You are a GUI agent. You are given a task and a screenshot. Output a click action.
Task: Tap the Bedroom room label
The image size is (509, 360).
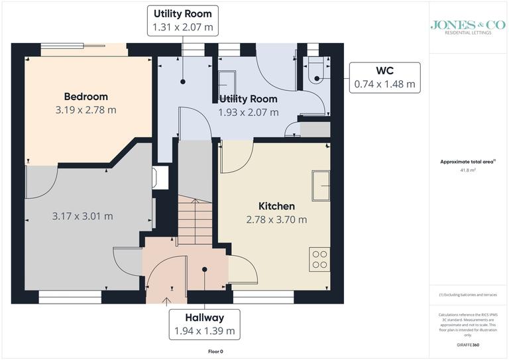(85, 97)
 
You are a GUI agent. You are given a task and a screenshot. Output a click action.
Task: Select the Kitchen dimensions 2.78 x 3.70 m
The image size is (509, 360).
(276, 219)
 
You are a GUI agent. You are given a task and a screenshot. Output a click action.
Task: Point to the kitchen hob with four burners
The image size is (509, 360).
(319, 259)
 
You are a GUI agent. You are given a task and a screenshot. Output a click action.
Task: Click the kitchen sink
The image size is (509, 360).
(321, 185)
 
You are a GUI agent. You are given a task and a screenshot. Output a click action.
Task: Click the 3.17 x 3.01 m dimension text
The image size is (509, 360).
(82, 216)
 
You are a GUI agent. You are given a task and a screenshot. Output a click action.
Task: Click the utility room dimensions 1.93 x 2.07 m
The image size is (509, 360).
(249, 112)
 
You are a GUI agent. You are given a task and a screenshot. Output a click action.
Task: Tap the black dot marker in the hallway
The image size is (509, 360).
(205, 269)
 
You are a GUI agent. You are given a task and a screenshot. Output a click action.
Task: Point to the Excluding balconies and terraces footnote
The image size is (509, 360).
(467, 294)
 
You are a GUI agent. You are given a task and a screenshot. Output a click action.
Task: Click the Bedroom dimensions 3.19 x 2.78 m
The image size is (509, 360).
(85, 109)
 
